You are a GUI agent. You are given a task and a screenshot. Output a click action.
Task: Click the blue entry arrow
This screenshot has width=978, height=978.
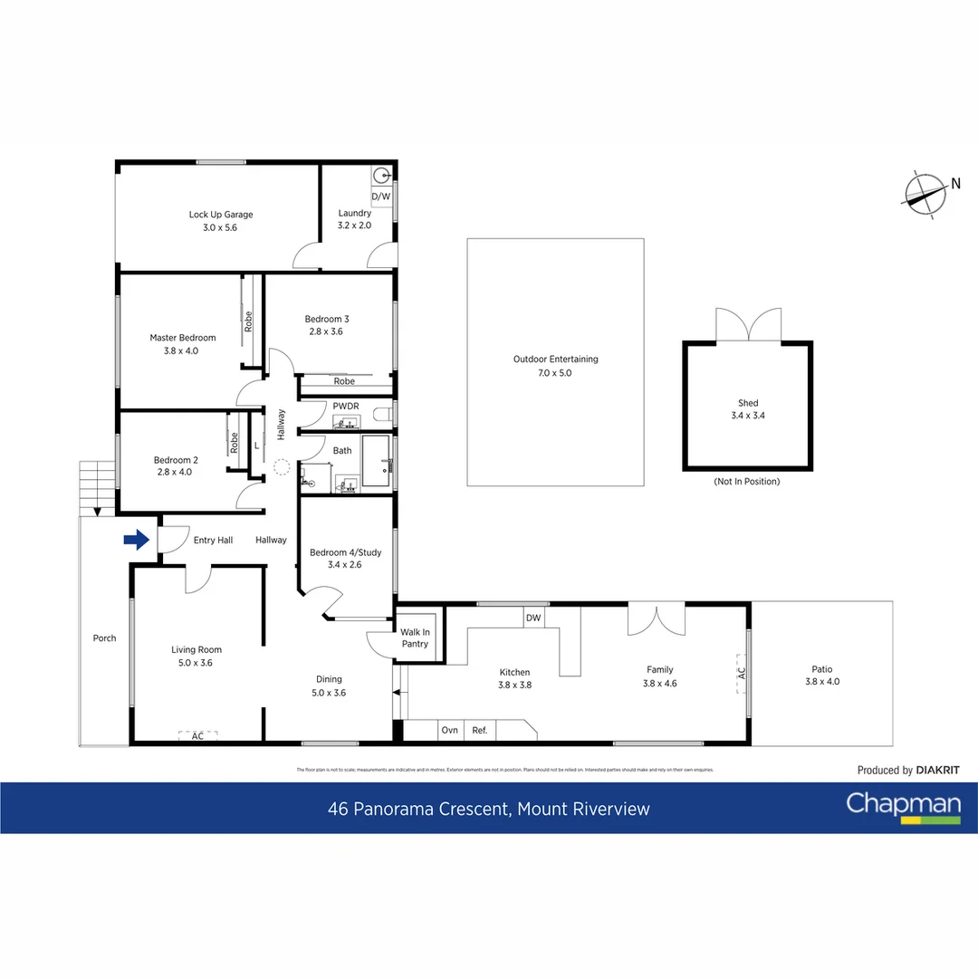tap(136, 541)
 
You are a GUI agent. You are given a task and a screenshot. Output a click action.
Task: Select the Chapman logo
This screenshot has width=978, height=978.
tap(903, 807)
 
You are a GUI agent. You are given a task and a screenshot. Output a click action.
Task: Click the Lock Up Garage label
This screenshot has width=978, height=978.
tap(221, 215)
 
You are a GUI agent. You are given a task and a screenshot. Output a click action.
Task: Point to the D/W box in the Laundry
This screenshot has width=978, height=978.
tap(381, 197)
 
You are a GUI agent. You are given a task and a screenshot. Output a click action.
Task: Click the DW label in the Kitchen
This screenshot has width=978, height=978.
tap(533, 618)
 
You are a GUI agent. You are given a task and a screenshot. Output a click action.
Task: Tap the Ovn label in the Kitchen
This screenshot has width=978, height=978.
tap(449, 730)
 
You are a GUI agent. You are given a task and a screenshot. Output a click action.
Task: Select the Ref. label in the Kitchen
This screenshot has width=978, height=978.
tap(480, 730)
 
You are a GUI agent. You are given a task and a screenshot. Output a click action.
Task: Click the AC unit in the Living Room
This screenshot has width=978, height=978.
tap(197, 736)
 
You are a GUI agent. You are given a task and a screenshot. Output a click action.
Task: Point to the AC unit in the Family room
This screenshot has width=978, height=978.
tap(742, 675)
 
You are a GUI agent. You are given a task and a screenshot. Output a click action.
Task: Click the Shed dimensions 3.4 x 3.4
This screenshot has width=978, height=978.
tap(747, 416)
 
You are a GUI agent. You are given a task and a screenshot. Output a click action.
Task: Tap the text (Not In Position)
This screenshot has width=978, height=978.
tap(746, 481)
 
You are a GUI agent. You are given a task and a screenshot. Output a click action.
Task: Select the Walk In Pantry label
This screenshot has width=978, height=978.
tap(415, 638)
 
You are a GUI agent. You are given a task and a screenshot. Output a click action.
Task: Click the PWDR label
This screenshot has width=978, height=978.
tap(344, 407)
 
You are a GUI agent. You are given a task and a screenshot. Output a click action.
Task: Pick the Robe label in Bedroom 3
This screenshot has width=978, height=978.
tap(344, 381)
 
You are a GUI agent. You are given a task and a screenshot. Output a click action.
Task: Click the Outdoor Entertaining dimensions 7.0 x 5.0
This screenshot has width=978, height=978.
tap(555, 372)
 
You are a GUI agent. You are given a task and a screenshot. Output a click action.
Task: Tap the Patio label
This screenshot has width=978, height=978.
tap(821, 669)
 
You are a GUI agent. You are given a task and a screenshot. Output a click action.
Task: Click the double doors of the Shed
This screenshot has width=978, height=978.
tap(748, 325)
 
